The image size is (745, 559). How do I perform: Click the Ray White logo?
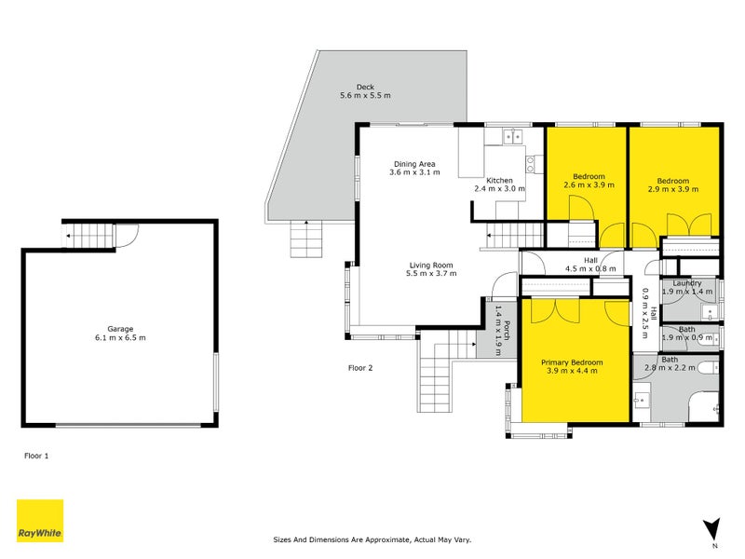[40, 521]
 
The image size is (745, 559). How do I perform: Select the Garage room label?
[120, 329]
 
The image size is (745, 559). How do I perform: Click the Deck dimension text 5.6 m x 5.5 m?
[365, 96]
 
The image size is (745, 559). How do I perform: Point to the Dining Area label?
[414, 164]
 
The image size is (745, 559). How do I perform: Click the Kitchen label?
[499, 181]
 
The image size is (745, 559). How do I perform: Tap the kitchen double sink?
[513, 137]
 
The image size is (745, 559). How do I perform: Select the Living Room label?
[431, 266]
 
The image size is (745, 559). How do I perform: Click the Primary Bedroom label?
[572, 362]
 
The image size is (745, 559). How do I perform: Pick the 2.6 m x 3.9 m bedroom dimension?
[589, 184]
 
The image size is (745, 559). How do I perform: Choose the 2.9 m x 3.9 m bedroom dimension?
[673, 189]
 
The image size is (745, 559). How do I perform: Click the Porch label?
[507, 331]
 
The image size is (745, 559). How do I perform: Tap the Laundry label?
[687, 283]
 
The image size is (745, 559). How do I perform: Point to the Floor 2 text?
[360, 368]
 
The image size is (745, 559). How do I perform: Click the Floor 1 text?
[36, 456]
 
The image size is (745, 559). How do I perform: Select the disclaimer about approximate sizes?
[372, 540]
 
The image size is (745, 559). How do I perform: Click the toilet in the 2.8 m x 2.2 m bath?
[710, 367]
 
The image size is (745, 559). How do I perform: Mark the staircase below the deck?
[306, 239]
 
